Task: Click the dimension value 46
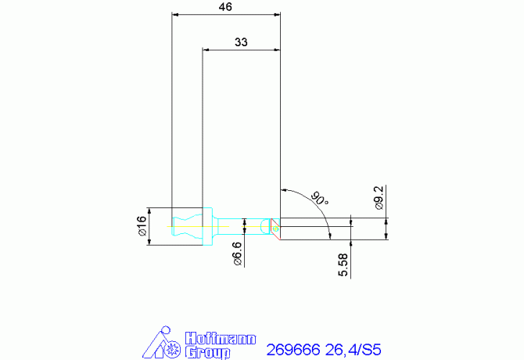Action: coord(225,7)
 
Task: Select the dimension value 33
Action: coord(241,42)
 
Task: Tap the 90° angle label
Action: coord(320,198)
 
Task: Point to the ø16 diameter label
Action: coord(142,225)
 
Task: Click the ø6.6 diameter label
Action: coord(237,254)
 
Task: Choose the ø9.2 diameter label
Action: coord(379,198)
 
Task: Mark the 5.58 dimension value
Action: coord(343,265)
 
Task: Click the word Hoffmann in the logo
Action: coord(221,339)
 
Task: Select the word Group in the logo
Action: coord(208,353)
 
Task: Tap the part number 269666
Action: coord(293,350)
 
